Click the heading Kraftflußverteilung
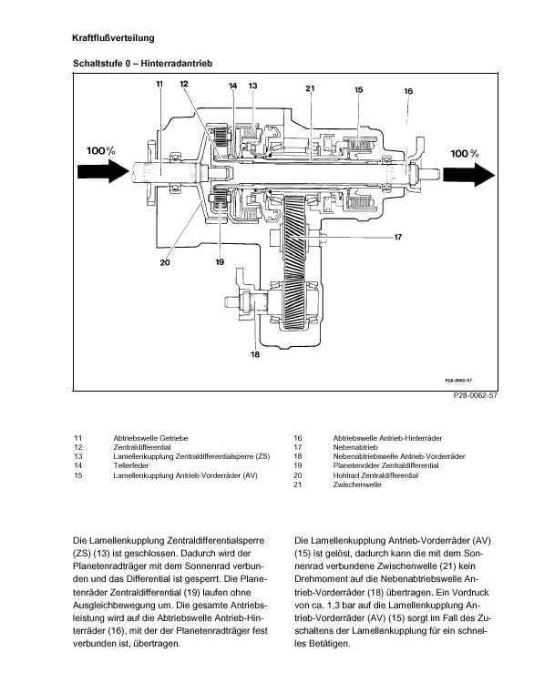[113, 38]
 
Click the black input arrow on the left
[103, 171]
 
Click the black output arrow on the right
[468, 175]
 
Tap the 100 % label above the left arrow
[101, 150]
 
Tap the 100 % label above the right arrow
[465, 154]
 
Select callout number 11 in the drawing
[159, 84]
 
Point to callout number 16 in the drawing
[408, 91]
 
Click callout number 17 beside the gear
[397, 238]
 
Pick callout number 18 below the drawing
[255, 354]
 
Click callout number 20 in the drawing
[165, 262]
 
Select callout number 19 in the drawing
[220, 262]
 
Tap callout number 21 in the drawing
[310, 88]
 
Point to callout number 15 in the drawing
[358, 90]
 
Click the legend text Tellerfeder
[131, 465]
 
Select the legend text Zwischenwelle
[357, 484]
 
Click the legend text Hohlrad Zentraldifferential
[375, 475]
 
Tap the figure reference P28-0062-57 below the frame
[475, 395]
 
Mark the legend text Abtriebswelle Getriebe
[150, 438]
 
